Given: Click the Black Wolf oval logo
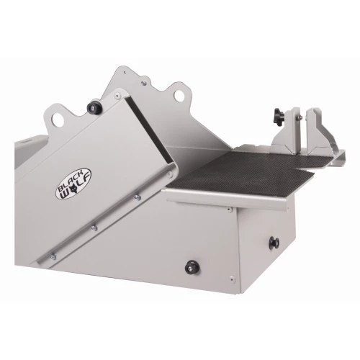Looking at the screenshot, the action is pyautogui.click(x=74, y=184).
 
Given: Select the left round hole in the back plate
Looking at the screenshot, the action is pyautogui.click(x=58, y=119).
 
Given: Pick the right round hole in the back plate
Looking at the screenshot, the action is pyautogui.click(x=179, y=96).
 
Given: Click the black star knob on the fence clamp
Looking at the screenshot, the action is pyautogui.click(x=279, y=117).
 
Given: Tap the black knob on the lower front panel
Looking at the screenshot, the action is pyautogui.click(x=191, y=266).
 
